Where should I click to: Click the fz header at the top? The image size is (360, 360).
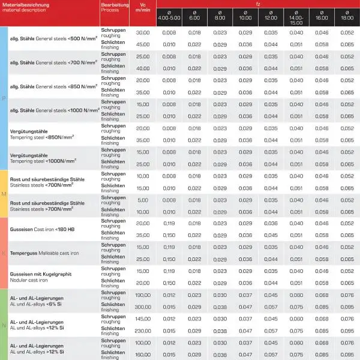[x=257, y=4]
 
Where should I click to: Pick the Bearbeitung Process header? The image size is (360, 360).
[x=115, y=7]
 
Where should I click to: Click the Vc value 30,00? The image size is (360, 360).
[x=143, y=32]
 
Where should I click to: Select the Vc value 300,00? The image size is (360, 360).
[x=143, y=306]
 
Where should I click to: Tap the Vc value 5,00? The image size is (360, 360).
[x=143, y=200]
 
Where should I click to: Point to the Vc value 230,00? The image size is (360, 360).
[x=143, y=330]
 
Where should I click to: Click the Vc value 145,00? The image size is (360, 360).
[x=143, y=318]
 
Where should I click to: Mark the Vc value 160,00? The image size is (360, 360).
[x=143, y=353]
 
